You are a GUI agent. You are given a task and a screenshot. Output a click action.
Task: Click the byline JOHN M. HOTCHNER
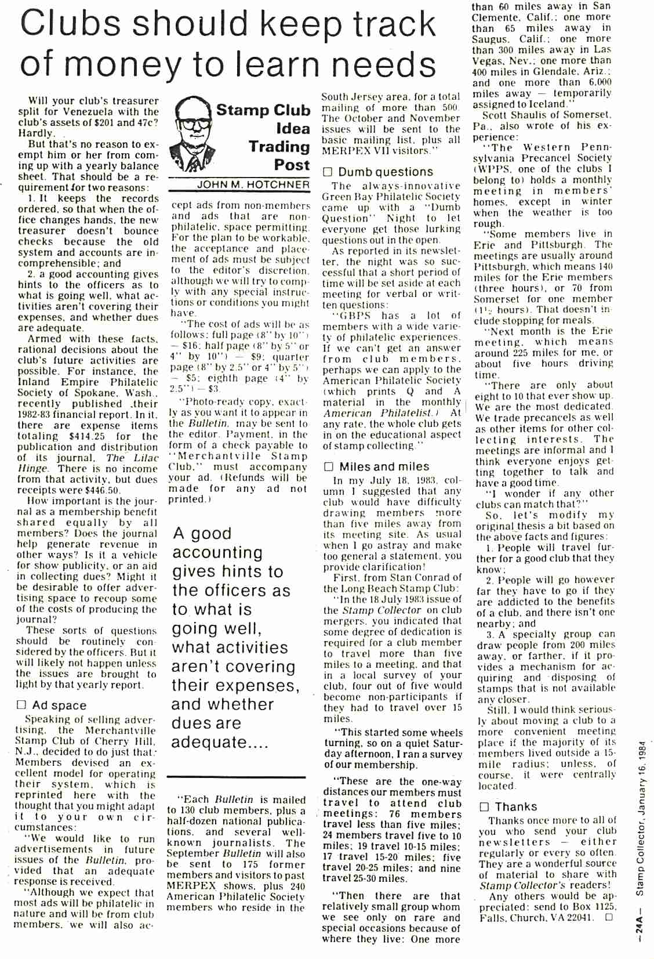[253, 184]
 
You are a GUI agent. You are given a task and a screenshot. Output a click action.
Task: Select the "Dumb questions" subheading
[385, 172]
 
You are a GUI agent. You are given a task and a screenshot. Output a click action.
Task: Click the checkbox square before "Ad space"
[21, 705]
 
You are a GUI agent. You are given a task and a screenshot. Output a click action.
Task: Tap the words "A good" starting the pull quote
[202, 533]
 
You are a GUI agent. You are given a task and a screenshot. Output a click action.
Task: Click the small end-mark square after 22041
[608, 918]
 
